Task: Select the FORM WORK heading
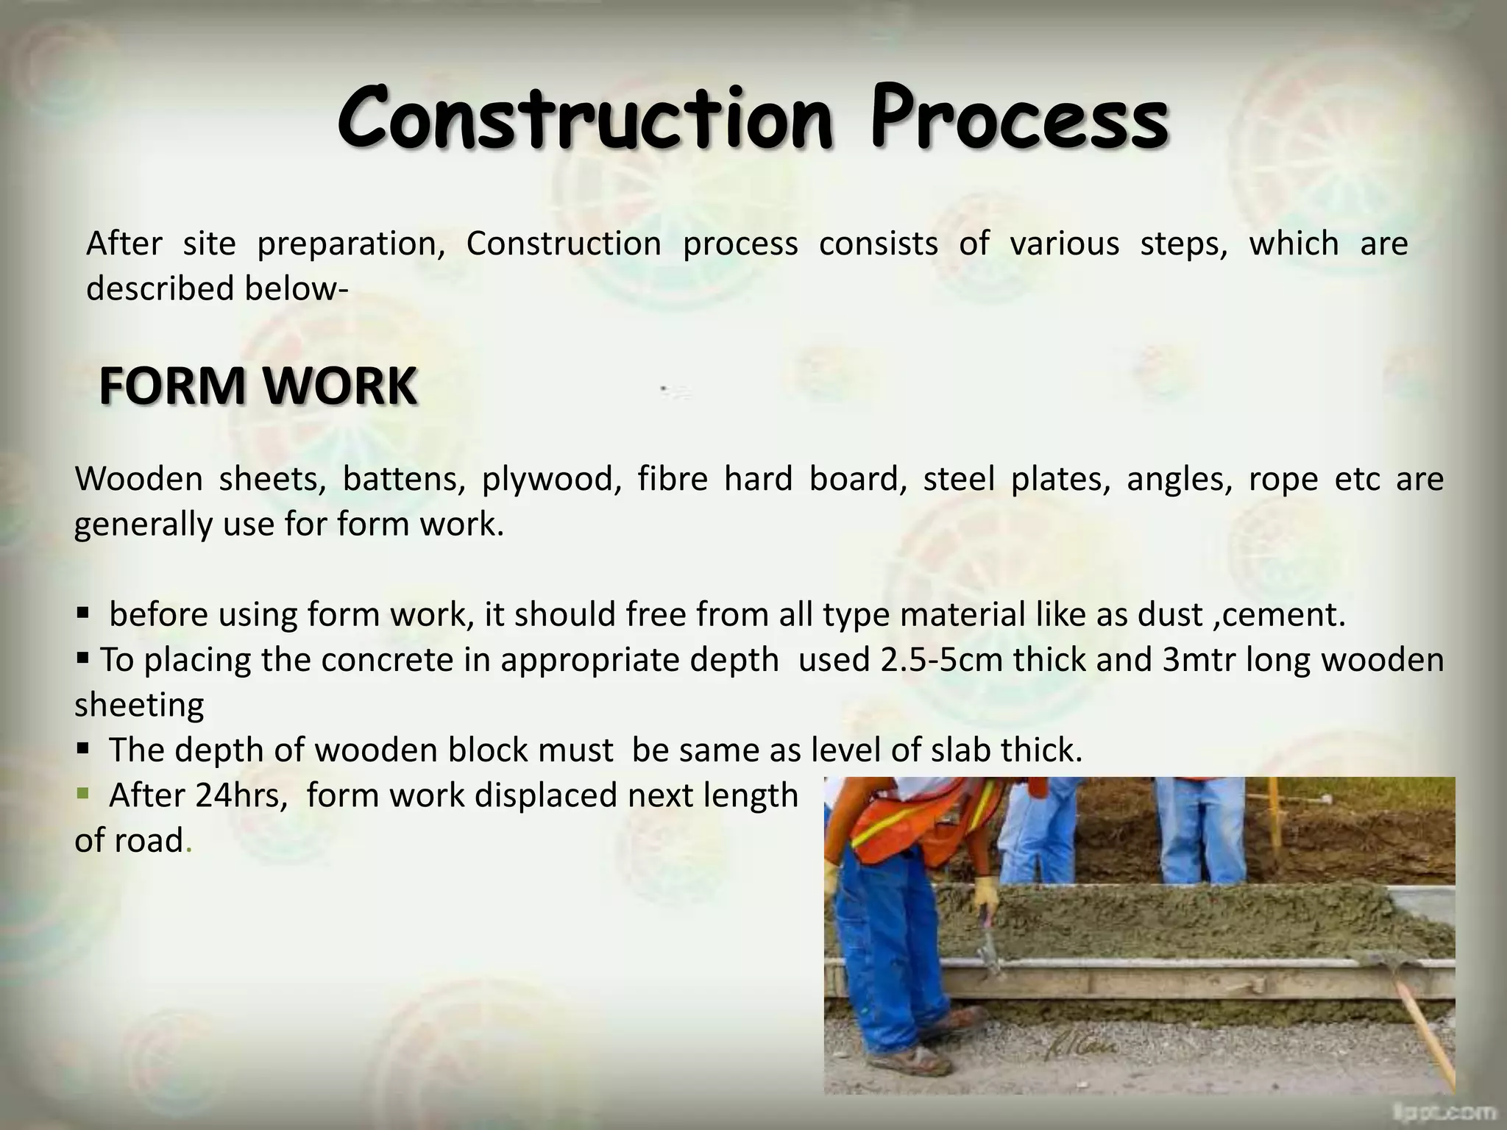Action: [258, 386]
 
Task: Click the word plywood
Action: [547, 479]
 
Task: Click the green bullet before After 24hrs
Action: [82, 794]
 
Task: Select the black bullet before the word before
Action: [82, 613]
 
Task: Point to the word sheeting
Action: [139, 705]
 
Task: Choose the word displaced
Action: [550, 795]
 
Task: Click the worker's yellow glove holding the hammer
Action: [985, 896]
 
